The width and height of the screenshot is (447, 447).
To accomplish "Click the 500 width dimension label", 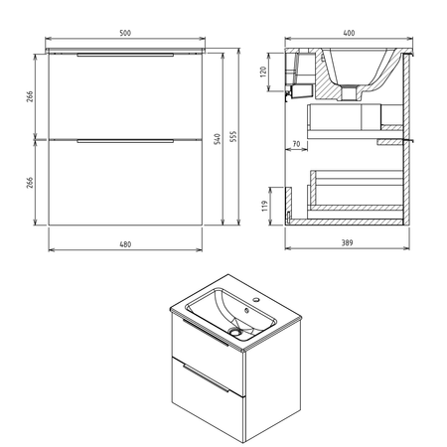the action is pyautogui.click(x=125, y=33).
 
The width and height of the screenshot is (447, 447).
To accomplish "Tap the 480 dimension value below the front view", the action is pyautogui.click(x=125, y=244).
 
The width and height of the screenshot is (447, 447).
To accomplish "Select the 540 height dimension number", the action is pyautogui.click(x=218, y=139).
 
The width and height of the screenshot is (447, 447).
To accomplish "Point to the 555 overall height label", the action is pyautogui.click(x=233, y=136).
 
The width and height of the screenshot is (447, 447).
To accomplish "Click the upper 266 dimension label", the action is pyautogui.click(x=30, y=96).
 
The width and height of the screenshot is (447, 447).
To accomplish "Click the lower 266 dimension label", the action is pyautogui.click(x=30, y=183).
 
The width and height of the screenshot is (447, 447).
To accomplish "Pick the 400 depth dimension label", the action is pyautogui.click(x=349, y=33).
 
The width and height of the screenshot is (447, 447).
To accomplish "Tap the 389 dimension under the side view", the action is pyautogui.click(x=347, y=242).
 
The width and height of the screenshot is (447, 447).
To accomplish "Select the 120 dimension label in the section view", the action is pyautogui.click(x=263, y=72).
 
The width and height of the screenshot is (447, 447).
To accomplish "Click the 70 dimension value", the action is pyautogui.click(x=296, y=144).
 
